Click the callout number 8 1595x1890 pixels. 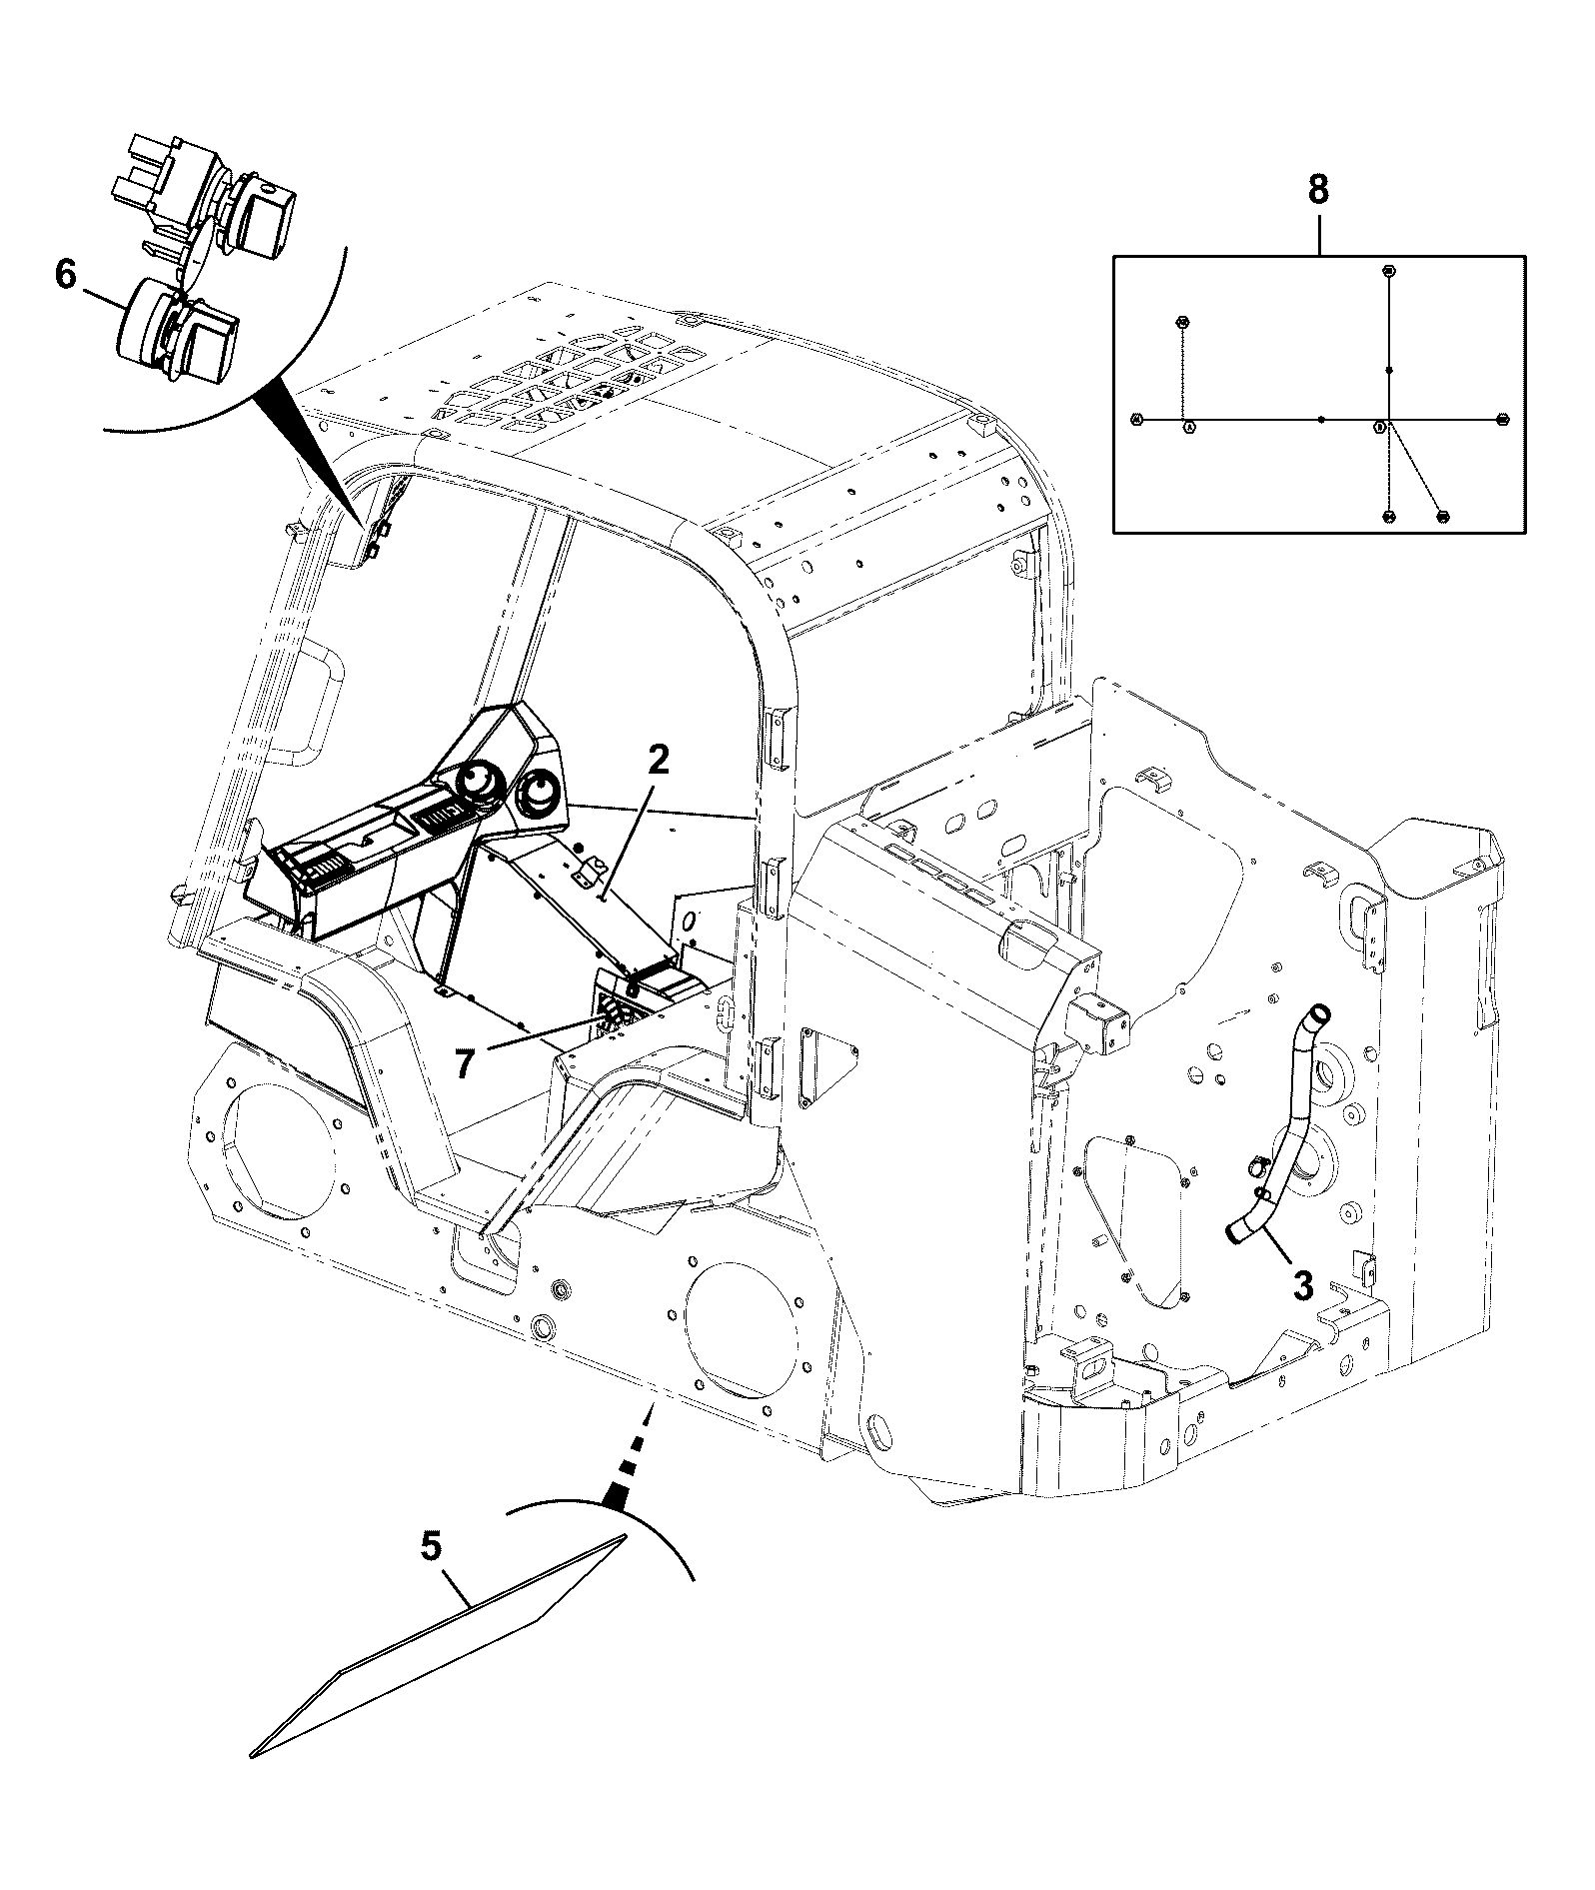pos(1318,189)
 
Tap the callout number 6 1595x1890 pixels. pos(66,274)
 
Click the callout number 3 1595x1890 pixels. pos(1303,1285)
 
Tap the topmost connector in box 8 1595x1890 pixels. pos(1388,271)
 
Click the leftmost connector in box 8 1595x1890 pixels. pos(1135,419)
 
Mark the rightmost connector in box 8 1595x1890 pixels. pos(1501,420)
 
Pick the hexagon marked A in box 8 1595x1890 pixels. pos(1189,427)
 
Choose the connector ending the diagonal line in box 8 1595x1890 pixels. pos(1442,516)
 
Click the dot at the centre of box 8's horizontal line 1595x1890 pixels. pos(1321,420)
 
